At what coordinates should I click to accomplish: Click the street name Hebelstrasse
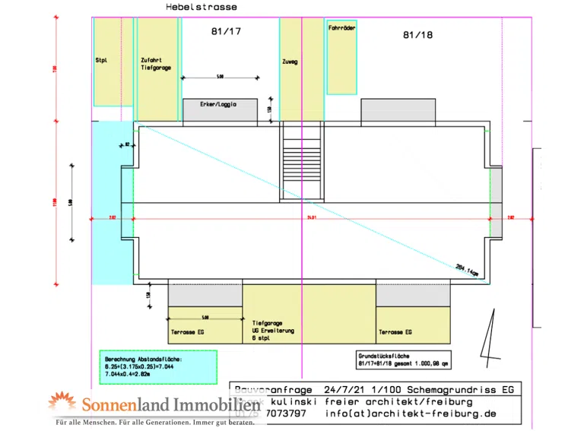click(201, 7)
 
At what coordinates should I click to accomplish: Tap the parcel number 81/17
click(225, 32)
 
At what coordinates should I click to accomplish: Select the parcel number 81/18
click(418, 35)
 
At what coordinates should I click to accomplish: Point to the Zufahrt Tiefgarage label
click(156, 64)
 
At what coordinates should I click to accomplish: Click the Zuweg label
click(290, 62)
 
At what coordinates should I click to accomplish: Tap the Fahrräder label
click(341, 27)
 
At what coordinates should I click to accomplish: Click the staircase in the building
click(302, 162)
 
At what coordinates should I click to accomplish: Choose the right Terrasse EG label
click(395, 332)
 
